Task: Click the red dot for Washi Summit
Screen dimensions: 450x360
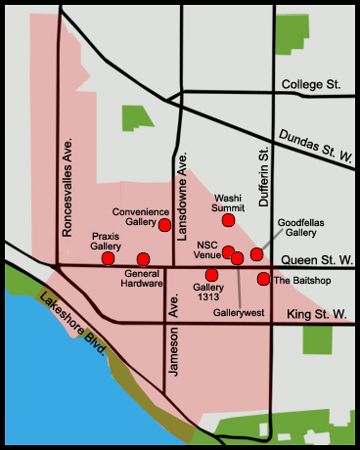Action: tap(228, 220)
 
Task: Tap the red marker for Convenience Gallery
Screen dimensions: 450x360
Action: tap(165, 225)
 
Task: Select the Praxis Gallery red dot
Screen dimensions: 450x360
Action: tap(108, 258)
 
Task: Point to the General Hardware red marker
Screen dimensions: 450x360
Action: tap(144, 259)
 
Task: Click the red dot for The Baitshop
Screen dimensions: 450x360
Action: tap(263, 280)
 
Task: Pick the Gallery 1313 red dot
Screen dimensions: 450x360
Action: tap(212, 275)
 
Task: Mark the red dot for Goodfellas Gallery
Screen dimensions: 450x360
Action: tap(256, 254)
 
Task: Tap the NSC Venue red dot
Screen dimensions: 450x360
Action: tap(228, 252)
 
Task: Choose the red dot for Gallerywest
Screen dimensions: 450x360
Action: tap(238, 257)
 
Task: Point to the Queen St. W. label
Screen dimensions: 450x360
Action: tap(315, 260)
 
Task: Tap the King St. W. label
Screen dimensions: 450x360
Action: tap(318, 314)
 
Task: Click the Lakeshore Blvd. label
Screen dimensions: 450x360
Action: tap(74, 332)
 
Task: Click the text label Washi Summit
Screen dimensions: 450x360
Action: tap(228, 202)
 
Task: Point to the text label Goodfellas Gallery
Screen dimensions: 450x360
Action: tap(290, 228)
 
